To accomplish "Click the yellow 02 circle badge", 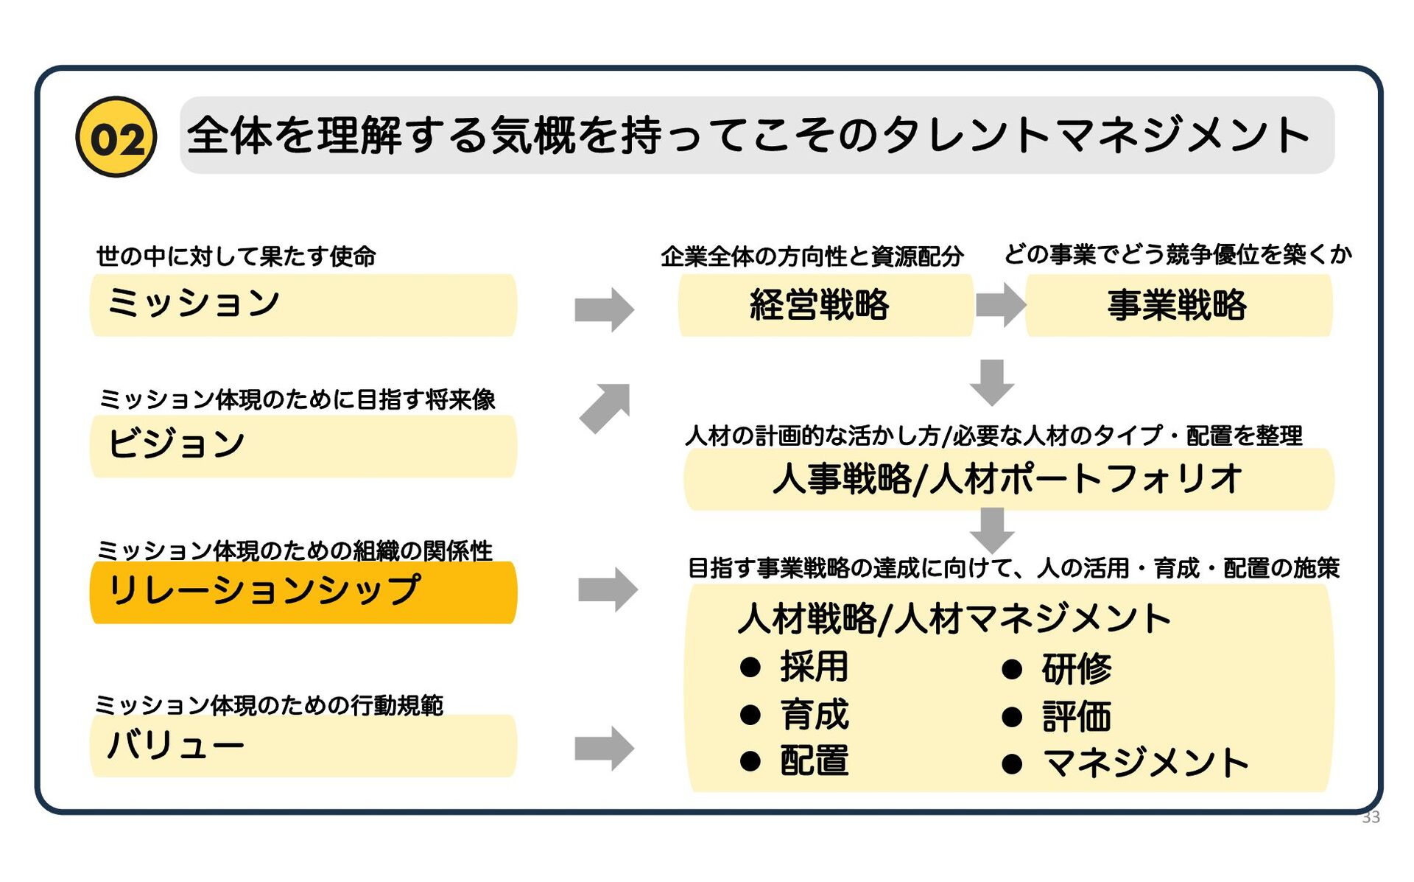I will pos(116,137).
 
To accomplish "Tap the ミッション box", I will pos(303,305).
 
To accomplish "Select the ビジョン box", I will pos(303,446).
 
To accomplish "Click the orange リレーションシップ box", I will pos(303,592).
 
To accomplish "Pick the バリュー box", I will pos(303,746).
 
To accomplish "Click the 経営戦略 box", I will pos(826,305).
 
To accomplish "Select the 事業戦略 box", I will pos(1178,305).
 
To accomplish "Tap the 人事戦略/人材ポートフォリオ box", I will pos(1009,479).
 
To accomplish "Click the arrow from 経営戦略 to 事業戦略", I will pos(1000,304).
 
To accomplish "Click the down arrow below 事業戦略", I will pos(992,382).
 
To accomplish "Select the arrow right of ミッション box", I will pos(604,309).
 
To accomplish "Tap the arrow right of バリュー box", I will pos(604,749).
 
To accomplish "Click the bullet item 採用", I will pos(814,668).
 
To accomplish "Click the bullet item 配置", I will pos(814,761).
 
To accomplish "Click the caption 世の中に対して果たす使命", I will pos(236,256).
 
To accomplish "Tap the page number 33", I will pos(1371,817).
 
